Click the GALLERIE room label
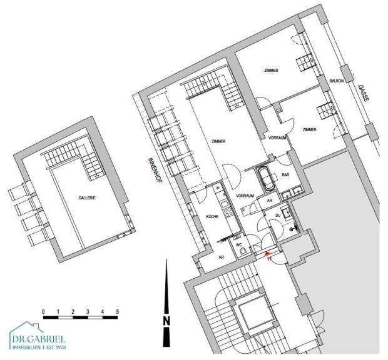click(x=87, y=197)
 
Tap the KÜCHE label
click(x=212, y=216)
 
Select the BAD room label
click(x=285, y=175)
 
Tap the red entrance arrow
click(x=267, y=253)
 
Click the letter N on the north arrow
click(x=166, y=321)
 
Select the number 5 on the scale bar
click(x=117, y=312)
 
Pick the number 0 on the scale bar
click(x=44, y=312)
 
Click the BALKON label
click(x=337, y=81)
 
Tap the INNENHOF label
click(x=155, y=170)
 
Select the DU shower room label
click(x=278, y=215)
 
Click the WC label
click(x=239, y=245)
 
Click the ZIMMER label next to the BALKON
click(x=310, y=129)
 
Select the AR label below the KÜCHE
click(x=221, y=257)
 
